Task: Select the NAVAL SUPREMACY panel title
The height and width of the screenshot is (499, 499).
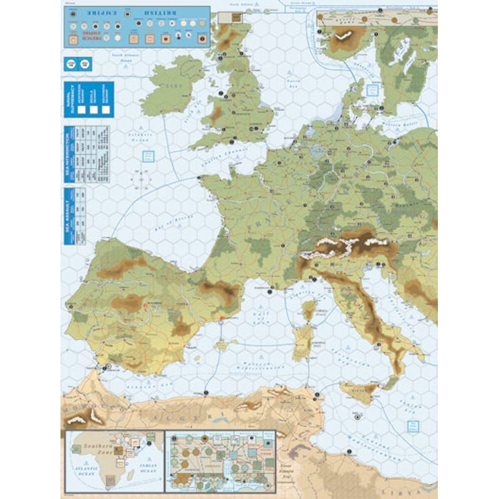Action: click(x=69, y=100)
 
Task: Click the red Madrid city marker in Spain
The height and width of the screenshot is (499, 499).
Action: click(x=145, y=304)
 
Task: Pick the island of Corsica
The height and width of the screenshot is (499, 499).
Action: click(x=308, y=310)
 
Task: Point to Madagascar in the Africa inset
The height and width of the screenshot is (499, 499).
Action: click(x=130, y=475)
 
